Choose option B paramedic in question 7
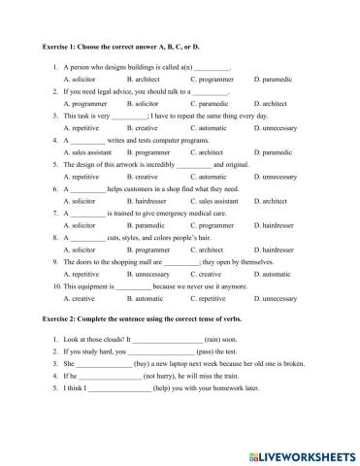click(x=146, y=225)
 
